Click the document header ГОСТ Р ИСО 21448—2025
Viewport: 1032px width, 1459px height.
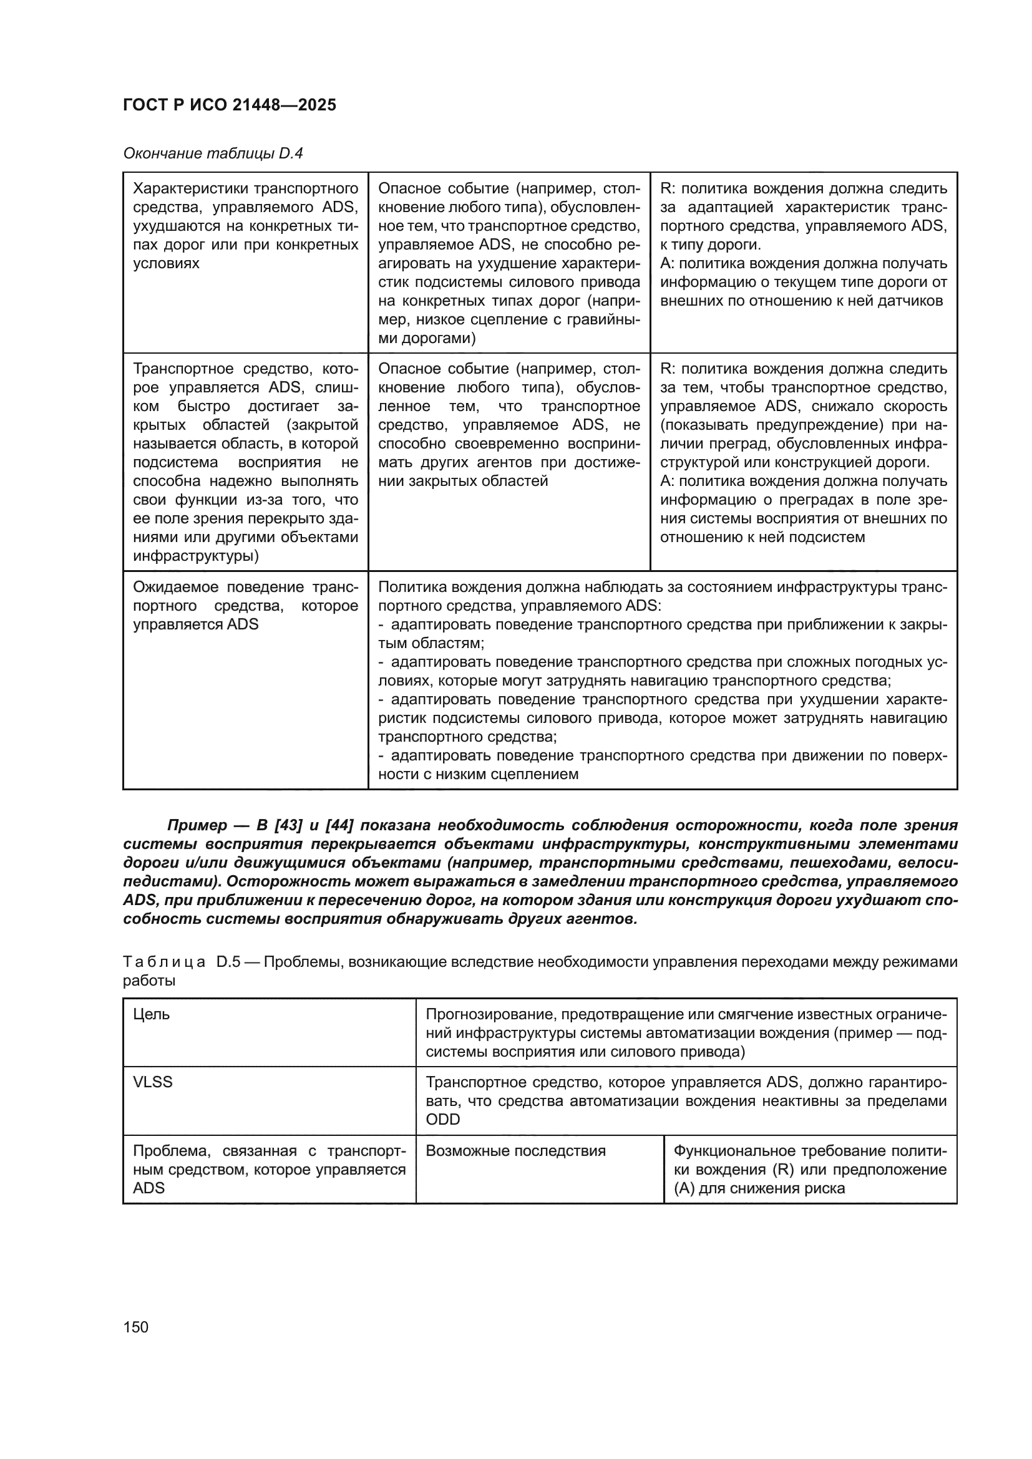pos(230,105)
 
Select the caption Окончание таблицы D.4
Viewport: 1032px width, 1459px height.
pos(213,153)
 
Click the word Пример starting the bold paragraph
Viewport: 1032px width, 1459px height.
pos(197,825)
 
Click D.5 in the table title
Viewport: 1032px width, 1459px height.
pos(228,962)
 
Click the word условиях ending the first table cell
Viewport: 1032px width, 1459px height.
pos(166,264)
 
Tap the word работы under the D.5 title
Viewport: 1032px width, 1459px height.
pos(148,981)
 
